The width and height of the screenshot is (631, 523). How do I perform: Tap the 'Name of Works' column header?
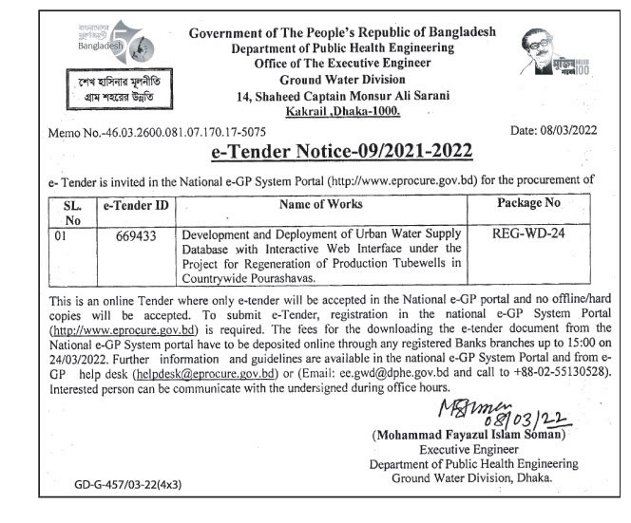tap(321, 204)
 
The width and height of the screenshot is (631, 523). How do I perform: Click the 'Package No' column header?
tap(528, 203)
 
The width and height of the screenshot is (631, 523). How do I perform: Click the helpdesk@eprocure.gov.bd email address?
tap(205, 374)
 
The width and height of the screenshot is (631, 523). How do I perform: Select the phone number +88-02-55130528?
tap(539, 374)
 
